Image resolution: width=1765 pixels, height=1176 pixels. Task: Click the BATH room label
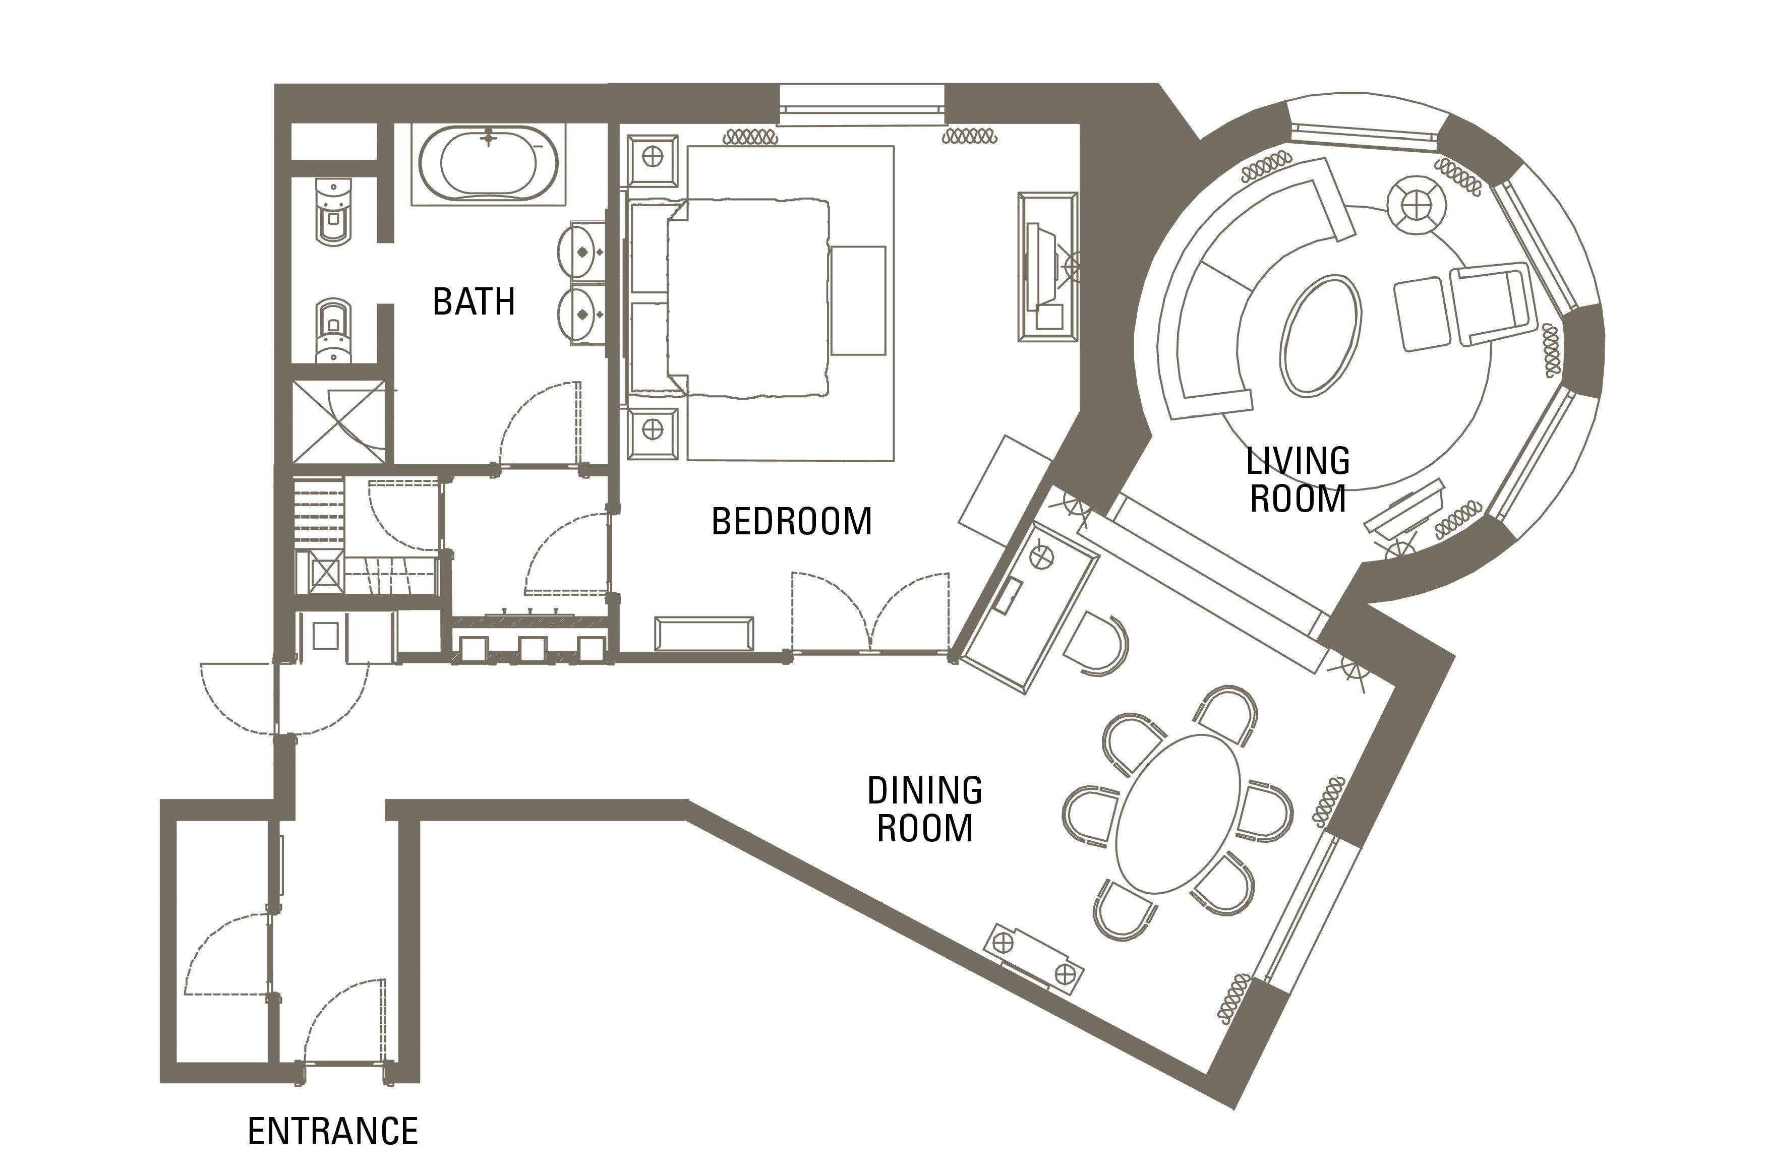pos(474,301)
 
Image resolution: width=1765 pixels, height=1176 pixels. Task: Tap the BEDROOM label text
pos(791,521)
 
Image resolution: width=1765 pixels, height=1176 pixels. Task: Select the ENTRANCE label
pos(333,1131)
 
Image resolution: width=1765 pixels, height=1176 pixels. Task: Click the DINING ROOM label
pos(925,809)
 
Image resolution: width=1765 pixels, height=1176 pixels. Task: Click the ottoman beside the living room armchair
pos(1419,314)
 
